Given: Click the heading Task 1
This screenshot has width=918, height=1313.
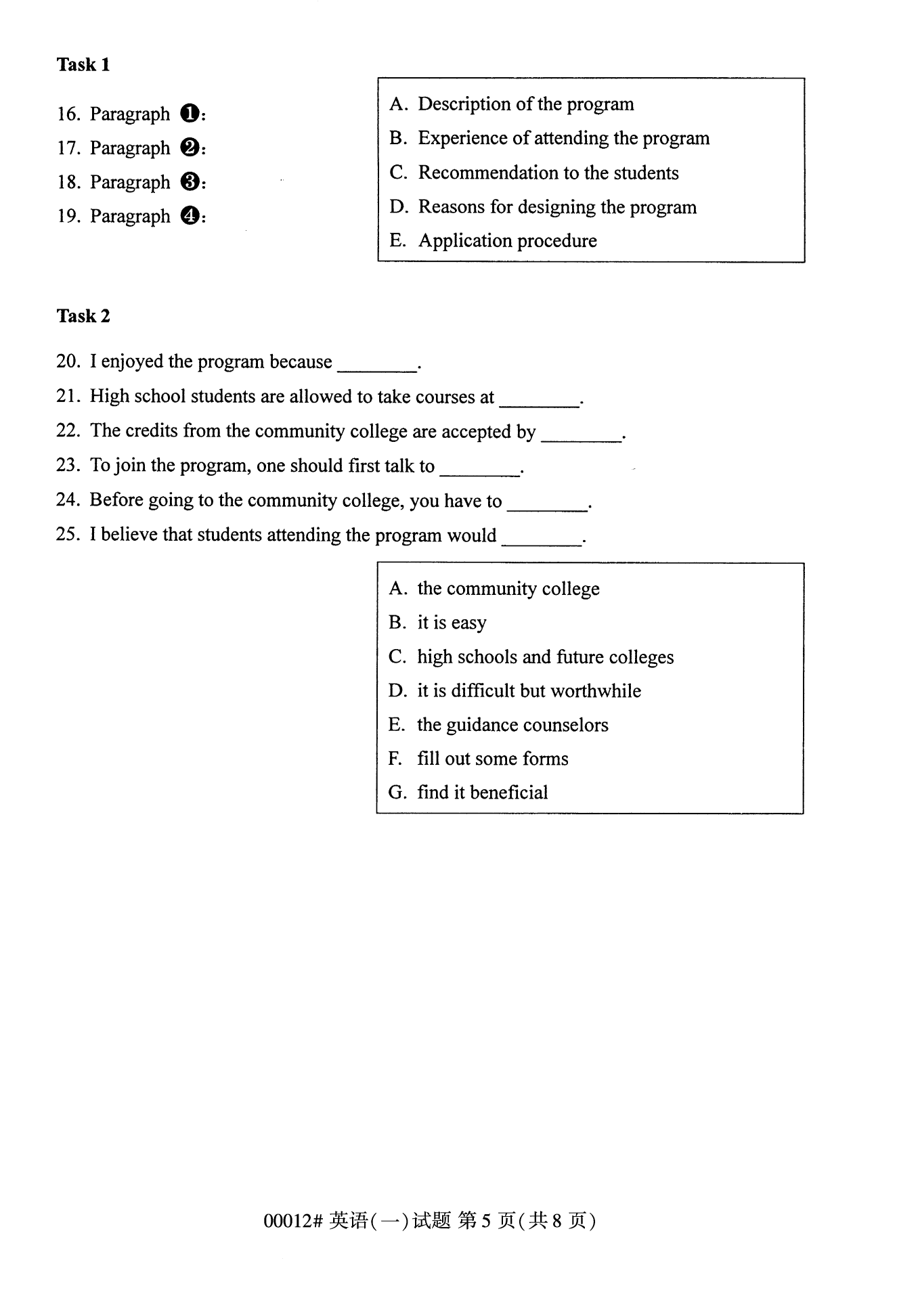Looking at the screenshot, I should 83,65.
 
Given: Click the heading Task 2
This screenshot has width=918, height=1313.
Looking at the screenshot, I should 83,316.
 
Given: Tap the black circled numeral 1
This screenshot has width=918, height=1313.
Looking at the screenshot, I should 190,113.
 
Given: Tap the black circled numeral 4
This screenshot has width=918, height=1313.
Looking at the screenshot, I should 190,216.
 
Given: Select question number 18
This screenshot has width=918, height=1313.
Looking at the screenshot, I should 68,182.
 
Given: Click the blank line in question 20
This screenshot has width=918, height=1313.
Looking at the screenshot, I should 377,368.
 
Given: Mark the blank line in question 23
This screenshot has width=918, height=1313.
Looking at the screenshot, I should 479,472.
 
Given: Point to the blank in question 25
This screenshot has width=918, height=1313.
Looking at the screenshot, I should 542,542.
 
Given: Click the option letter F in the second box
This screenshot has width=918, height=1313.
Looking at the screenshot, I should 395,759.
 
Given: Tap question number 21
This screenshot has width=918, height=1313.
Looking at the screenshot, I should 68,396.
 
